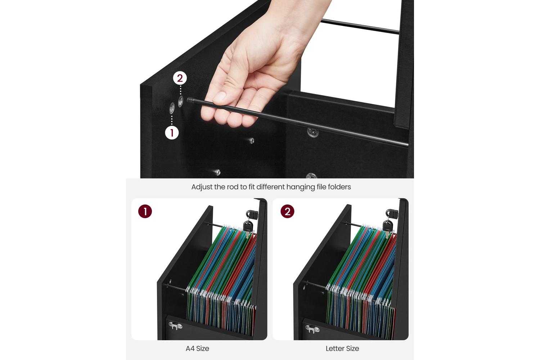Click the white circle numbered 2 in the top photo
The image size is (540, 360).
180,78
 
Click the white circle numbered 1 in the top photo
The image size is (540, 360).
172,132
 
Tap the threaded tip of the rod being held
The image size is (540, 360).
190,100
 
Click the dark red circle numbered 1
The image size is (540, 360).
145,211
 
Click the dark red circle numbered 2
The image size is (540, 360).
287,211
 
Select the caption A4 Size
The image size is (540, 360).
197,348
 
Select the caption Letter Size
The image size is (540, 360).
342,348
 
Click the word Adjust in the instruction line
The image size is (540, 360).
202,187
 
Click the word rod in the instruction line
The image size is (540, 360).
232,187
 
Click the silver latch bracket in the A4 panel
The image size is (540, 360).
175,326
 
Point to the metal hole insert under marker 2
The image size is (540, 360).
181,102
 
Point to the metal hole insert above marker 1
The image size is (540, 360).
172,108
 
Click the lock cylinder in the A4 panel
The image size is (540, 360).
251,213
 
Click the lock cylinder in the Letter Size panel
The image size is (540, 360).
392,213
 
